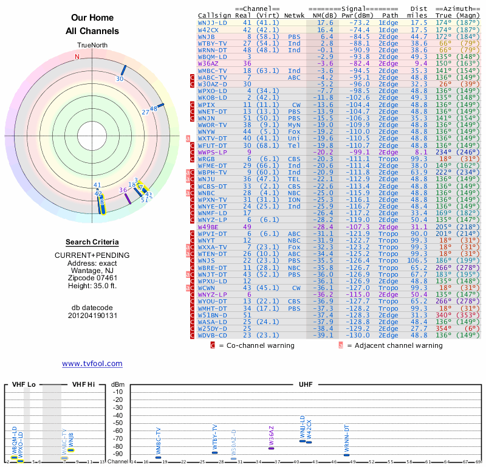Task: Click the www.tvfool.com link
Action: (92, 364)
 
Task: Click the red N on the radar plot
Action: (77, 57)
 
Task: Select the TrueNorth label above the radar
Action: (92, 46)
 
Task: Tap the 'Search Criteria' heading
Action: (92, 242)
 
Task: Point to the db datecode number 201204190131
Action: (92, 316)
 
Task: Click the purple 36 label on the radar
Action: (123, 190)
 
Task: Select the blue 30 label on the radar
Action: (120, 78)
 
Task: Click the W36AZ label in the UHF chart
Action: (271, 435)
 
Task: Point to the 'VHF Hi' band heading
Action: (84, 385)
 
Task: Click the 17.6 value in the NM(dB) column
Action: (325, 22)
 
